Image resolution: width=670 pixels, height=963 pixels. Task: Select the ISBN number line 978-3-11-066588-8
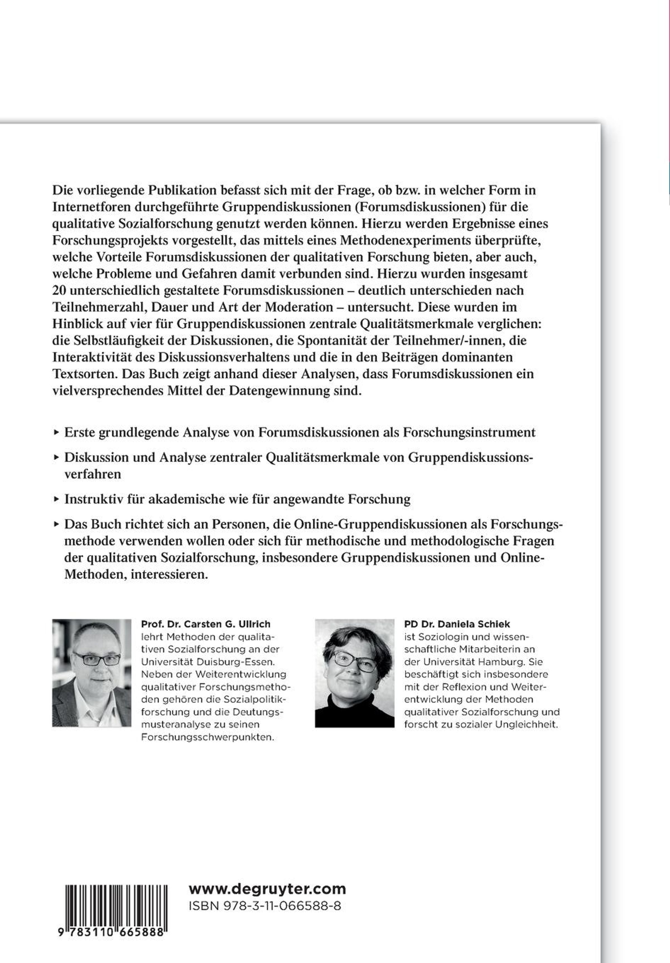click(x=265, y=906)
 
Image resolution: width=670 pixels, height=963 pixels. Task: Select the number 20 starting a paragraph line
click(x=59, y=290)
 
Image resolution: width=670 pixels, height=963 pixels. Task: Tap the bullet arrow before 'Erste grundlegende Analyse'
click(x=56, y=432)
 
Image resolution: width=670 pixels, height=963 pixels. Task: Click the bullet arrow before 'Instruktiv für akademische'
click(x=56, y=499)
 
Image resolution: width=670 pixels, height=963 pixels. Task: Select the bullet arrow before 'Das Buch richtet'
click(x=56, y=524)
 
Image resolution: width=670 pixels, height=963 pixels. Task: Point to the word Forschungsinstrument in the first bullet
click(x=469, y=432)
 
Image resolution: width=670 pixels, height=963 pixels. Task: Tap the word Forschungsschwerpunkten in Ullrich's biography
click(x=207, y=737)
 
